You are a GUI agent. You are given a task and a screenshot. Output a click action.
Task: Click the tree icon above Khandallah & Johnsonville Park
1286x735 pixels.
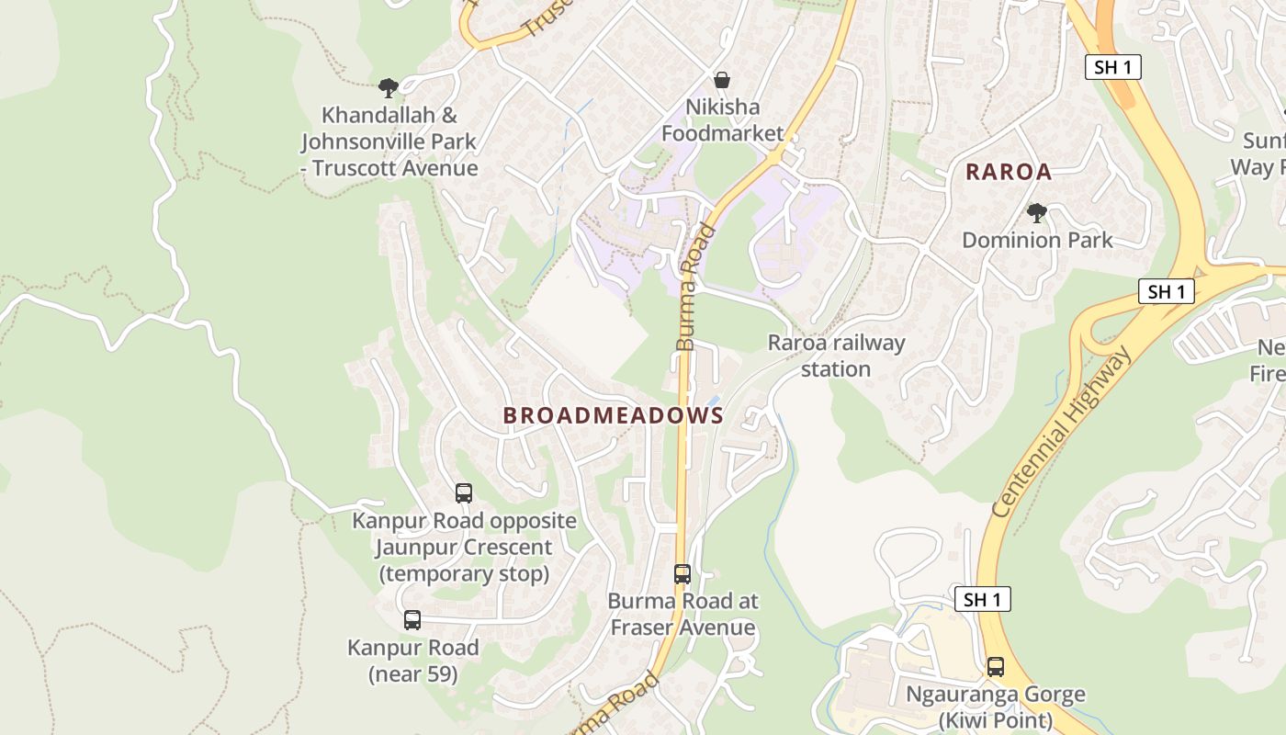click(x=389, y=88)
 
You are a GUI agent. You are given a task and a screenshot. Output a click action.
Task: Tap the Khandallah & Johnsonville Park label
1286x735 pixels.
click(x=389, y=141)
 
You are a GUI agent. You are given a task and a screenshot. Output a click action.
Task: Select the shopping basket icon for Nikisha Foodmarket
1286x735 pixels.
click(x=722, y=80)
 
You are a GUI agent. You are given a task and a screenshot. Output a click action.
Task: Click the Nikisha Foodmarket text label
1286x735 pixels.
click(x=722, y=120)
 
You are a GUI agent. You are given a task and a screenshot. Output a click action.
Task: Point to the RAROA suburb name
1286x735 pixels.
click(x=1008, y=172)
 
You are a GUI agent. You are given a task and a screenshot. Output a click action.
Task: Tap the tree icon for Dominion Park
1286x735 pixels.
click(x=1037, y=213)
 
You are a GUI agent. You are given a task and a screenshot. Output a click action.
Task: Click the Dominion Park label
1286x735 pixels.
click(x=1037, y=241)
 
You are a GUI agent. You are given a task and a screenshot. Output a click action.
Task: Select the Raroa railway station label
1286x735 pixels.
click(x=836, y=356)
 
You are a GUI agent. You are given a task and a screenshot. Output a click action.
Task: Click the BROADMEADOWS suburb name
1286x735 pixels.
click(x=613, y=415)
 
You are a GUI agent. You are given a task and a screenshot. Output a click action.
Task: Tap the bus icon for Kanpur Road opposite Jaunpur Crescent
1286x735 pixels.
click(x=464, y=493)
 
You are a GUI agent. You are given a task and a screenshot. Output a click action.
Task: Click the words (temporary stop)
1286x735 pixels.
click(x=464, y=574)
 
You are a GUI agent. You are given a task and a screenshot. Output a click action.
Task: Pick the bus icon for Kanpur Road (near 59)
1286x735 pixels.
click(x=412, y=620)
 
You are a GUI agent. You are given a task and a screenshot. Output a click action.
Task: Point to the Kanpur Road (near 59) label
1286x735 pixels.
click(x=412, y=661)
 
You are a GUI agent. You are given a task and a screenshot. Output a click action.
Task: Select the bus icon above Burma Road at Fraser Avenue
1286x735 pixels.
click(x=682, y=574)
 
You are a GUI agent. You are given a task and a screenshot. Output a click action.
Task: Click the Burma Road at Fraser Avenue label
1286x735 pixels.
click(x=682, y=615)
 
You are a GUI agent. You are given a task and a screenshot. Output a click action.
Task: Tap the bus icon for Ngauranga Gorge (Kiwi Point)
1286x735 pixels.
click(x=996, y=667)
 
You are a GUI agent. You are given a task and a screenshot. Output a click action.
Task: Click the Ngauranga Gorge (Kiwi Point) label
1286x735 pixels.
click(x=996, y=707)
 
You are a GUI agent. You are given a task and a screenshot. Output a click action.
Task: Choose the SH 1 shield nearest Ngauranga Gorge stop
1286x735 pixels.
click(x=983, y=600)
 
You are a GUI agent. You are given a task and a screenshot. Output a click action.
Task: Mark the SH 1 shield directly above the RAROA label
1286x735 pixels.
click(x=1112, y=67)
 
